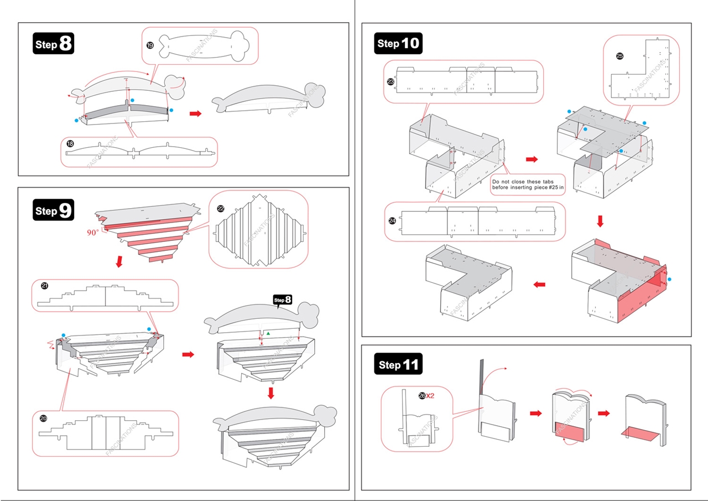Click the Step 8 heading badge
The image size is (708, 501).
54,44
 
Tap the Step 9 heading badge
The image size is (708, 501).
54,210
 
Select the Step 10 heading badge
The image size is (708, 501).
398,43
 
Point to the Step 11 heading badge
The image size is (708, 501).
399,365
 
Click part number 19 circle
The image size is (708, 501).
150,45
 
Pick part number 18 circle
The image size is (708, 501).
70,144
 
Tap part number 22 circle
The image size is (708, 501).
221,209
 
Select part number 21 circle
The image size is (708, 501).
45,286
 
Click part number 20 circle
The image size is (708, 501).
44,419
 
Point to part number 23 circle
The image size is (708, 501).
391,81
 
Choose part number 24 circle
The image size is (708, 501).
392,220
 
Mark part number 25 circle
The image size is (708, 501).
619,56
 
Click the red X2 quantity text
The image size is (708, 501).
430,396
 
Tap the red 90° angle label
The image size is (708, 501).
92,233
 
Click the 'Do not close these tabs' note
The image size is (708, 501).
528,184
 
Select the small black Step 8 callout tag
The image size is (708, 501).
283,300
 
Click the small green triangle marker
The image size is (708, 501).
268,333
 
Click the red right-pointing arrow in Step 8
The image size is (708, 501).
195,113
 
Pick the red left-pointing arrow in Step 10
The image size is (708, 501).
539,285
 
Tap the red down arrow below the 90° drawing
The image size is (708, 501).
118,261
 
